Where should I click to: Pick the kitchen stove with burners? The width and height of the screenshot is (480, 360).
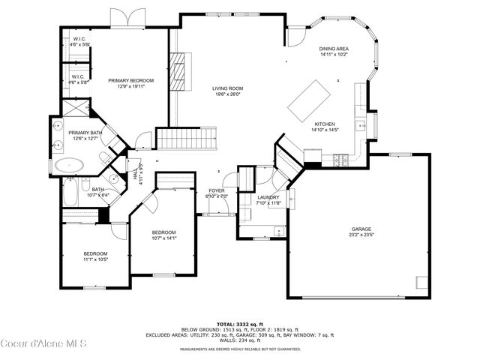[341, 159]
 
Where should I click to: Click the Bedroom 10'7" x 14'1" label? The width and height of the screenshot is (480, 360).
[163, 235]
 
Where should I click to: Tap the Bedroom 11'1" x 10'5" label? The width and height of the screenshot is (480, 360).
[95, 256]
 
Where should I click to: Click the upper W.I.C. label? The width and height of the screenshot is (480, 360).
[79, 42]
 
